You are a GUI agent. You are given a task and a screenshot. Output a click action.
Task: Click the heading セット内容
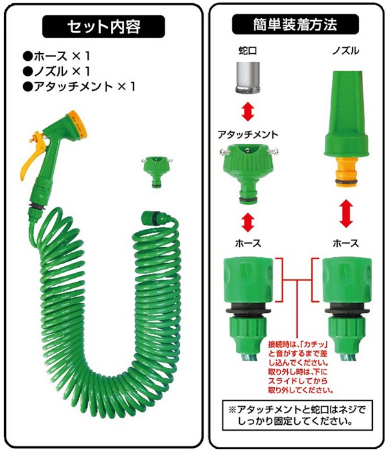tap(104, 27)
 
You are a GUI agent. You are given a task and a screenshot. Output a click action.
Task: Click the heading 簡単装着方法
tap(296, 25)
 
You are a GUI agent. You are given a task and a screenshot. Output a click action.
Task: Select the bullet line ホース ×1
tap(56, 56)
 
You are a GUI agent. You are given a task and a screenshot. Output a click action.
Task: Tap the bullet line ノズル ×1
tap(56, 71)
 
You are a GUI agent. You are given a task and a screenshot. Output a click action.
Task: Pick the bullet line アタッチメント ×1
tap(79, 87)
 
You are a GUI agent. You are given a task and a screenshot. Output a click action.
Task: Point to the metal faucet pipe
tap(248, 78)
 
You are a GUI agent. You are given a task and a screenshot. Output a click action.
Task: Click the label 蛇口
tap(248, 51)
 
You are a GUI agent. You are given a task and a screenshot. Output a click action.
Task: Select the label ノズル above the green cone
tap(346, 51)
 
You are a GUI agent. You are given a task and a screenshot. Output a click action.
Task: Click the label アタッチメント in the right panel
tap(248, 134)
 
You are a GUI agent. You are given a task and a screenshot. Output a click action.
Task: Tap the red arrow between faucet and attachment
tap(248, 112)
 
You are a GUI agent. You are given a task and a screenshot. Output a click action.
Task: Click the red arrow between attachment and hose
tap(248, 222)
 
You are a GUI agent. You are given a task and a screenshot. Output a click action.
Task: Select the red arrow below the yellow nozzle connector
tap(346, 214)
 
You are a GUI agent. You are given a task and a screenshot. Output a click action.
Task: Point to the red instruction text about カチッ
tap(300, 367)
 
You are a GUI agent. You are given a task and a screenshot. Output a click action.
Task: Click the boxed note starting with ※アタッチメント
tap(297, 415)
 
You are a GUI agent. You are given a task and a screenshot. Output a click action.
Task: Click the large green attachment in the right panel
tap(248, 174)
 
